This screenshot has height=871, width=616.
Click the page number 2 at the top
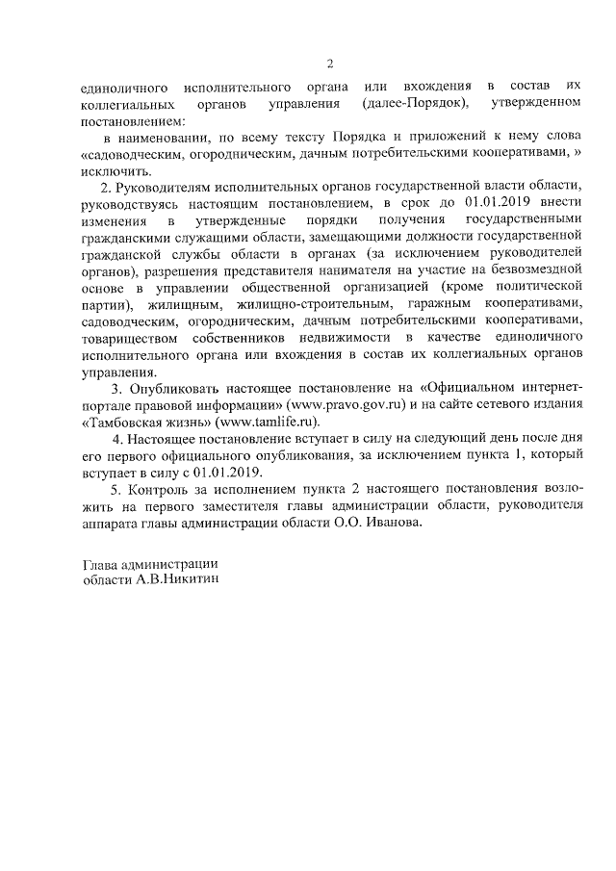[x=329, y=64]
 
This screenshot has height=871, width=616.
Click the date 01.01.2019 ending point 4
[x=227, y=474]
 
